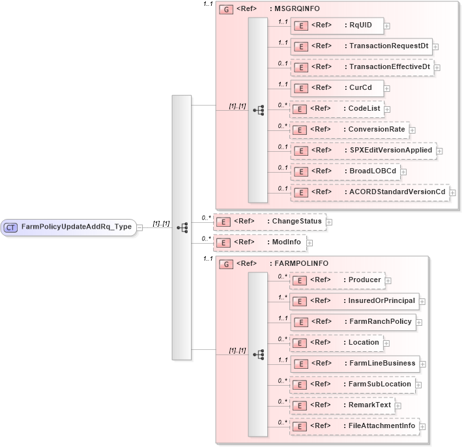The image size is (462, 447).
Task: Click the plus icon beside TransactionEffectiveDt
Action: (x=437, y=68)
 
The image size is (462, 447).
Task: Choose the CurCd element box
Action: (x=336, y=88)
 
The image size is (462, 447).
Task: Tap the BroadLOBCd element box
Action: (x=345, y=171)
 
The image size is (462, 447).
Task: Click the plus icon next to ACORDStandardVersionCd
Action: (x=452, y=193)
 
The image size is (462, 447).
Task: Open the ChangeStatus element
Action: (x=270, y=222)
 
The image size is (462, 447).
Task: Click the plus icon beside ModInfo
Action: (x=310, y=243)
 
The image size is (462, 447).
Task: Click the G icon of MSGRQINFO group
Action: (x=225, y=10)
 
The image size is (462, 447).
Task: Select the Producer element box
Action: (x=336, y=280)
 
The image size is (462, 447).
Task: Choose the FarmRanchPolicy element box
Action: (x=353, y=322)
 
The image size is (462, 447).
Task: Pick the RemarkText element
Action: (x=342, y=405)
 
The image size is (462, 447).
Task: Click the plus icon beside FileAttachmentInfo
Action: (x=423, y=427)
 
